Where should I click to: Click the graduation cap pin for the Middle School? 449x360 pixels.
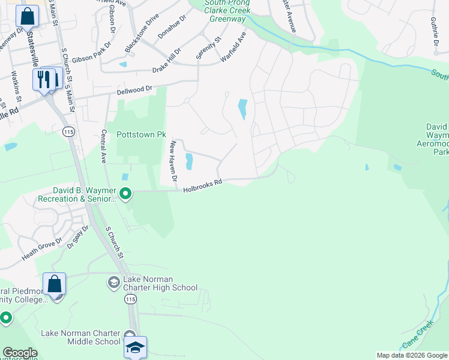[x=136, y=347]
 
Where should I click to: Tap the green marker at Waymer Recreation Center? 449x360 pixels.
[x=125, y=193]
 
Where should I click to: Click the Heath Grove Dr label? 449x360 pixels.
[x=42, y=249]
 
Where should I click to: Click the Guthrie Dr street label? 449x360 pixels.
[x=433, y=31]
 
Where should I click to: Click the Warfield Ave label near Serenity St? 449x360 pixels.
[x=234, y=47]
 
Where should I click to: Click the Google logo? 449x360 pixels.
[x=20, y=353]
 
